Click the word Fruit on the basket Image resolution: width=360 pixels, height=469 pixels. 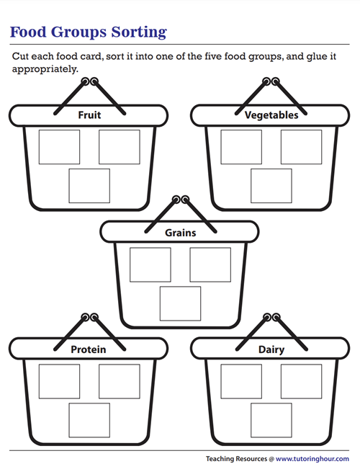tap(89, 115)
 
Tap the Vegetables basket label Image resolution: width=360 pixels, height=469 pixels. tap(271, 115)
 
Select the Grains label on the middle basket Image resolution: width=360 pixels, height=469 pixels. tap(180, 233)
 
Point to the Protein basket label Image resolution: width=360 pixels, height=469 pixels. tap(89, 349)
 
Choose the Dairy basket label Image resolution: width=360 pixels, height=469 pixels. tap(271, 349)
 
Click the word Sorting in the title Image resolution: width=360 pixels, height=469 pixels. tap(139, 32)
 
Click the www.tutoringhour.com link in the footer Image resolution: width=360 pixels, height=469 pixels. tap(312, 459)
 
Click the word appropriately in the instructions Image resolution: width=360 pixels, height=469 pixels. tap(45, 69)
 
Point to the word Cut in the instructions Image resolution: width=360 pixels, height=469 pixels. tap(20, 56)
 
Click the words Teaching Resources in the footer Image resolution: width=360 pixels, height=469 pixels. tap(236, 459)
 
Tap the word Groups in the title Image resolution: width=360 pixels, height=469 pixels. tap(79, 32)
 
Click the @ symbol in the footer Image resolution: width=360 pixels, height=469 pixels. tap(271, 459)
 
